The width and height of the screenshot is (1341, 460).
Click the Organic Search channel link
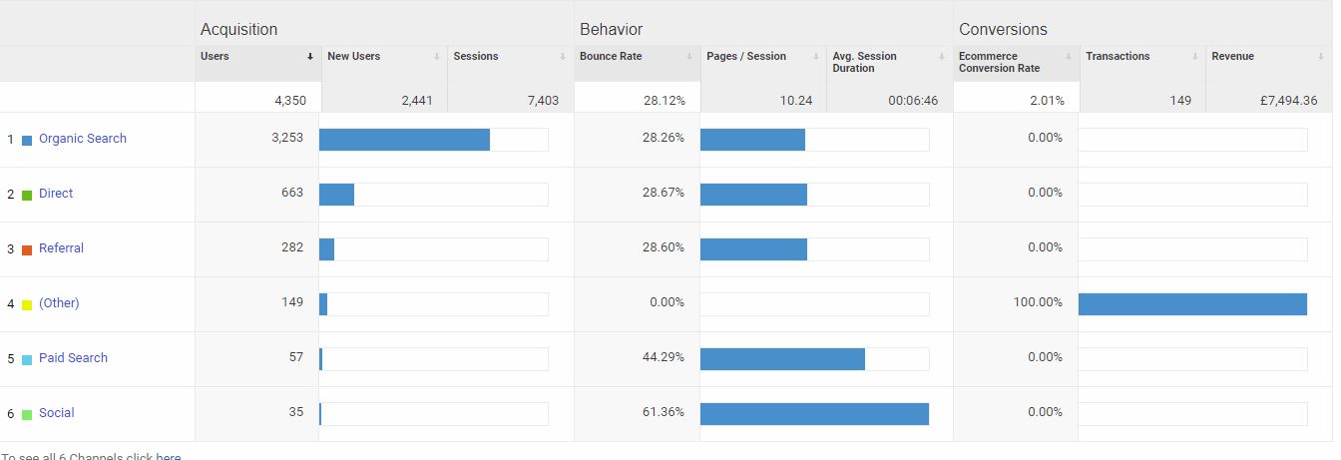(x=83, y=139)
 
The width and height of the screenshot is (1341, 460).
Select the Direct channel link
(x=56, y=194)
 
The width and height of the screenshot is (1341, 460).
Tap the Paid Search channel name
(x=73, y=358)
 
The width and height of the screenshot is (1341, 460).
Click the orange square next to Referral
(x=27, y=249)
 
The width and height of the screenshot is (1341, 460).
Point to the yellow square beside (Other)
(x=27, y=304)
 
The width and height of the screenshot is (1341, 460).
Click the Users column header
(x=216, y=57)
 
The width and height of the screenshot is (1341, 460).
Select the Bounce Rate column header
(x=611, y=57)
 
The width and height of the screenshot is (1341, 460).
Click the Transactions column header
(x=1117, y=57)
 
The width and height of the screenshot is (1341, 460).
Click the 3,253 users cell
(x=287, y=138)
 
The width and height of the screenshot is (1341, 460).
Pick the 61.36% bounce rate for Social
(x=664, y=412)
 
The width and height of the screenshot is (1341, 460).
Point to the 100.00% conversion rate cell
(x=1038, y=302)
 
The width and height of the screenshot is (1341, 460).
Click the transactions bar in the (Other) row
(x=1192, y=304)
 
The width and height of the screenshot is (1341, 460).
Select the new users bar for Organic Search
(x=404, y=140)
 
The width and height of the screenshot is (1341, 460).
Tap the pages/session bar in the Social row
(x=814, y=414)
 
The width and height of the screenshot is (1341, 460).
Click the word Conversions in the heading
(x=1003, y=30)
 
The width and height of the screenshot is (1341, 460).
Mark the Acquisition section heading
(x=238, y=30)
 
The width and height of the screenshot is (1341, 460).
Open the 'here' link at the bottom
(x=169, y=456)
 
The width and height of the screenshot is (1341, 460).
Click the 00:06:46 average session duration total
(x=913, y=101)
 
